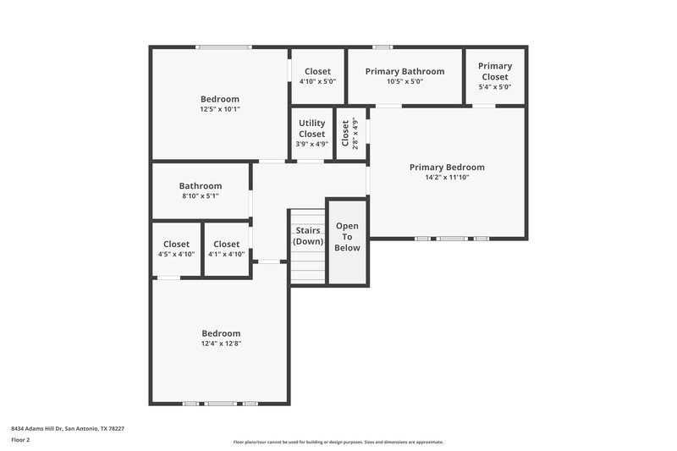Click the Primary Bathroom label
(x=405, y=71)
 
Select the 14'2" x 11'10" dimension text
(x=447, y=178)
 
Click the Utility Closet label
(x=311, y=129)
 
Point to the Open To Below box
(x=347, y=237)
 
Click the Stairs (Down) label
(x=308, y=236)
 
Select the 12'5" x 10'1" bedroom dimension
(x=220, y=109)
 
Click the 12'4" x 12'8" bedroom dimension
(x=221, y=344)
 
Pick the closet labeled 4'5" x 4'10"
(x=177, y=249)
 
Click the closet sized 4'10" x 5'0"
(x=317, y=76)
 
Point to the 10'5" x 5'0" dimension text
(x=405, y=82)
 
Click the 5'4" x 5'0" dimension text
(x=495, y=87)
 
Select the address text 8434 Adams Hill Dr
(x=68, y=428)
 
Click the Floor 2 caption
(x=21, y=440)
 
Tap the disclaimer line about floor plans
(x=338, y=442)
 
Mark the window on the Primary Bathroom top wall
(x=383, y=47)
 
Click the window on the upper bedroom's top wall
(x=223, y=47)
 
